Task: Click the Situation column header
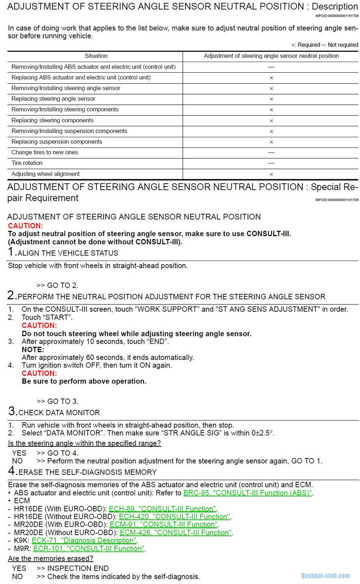[96, 56]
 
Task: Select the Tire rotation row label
[27, 163]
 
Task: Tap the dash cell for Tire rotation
[271, 163]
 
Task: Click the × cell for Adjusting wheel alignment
[271, 174]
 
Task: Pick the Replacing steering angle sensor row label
[53, 99]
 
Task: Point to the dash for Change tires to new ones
[271, 152]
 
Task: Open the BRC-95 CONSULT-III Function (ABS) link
[248, 493]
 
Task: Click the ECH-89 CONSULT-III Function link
[162, 509]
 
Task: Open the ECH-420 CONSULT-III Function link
[175, 516]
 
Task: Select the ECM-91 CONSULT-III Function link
[164, 525]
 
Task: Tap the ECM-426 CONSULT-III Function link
[176, 533]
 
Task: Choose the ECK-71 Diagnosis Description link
[84, 541]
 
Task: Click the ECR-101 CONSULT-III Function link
[89, 549]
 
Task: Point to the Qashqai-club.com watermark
[325, 576]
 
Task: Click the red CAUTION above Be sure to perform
[39, 373]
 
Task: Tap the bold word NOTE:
[33, 349]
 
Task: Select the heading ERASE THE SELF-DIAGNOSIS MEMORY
[87, 472]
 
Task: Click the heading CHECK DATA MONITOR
[59, 412]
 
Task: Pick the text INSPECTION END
[78, 568]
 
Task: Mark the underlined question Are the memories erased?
[51, 558]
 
